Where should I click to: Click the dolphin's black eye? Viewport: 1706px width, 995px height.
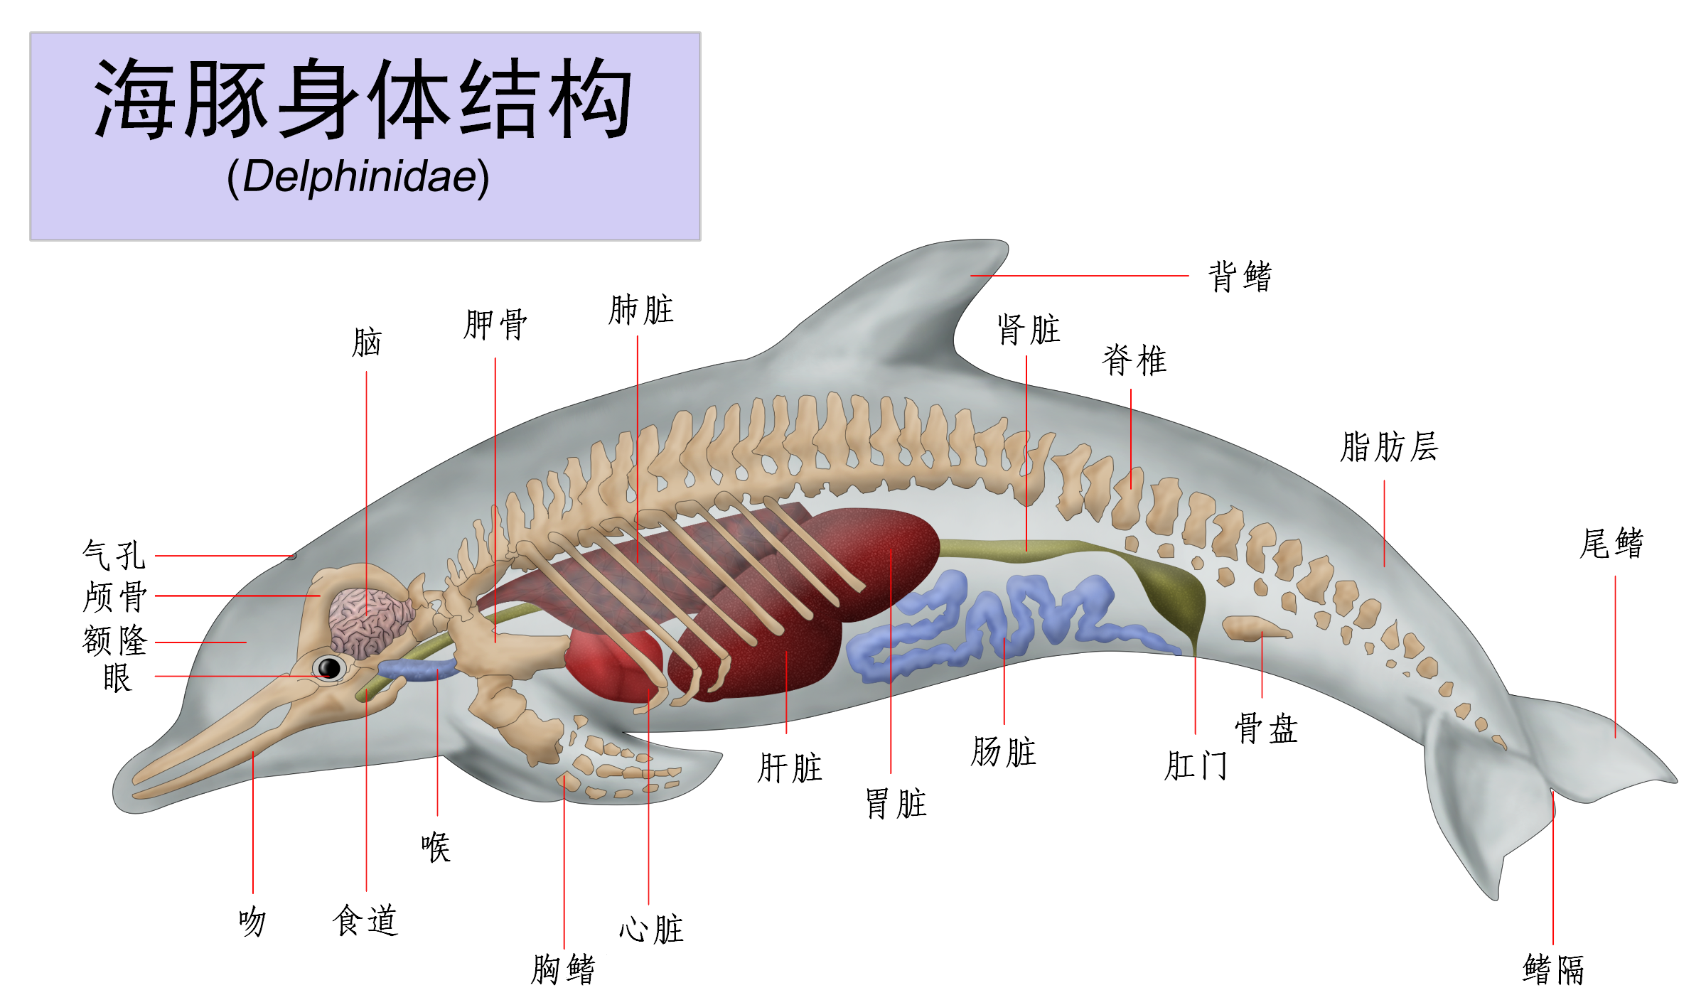329,668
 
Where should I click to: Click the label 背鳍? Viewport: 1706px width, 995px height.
1240,276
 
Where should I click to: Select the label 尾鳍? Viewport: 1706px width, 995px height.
1611,544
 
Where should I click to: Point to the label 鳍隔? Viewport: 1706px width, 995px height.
1553,969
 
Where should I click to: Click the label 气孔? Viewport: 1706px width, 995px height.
114,555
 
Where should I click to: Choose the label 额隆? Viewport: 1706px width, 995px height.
114,640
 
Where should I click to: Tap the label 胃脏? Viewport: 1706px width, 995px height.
896,804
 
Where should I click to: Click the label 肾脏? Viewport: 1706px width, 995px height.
1028,330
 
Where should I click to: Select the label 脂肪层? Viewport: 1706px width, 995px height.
1389,447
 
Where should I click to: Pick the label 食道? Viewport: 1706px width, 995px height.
365,920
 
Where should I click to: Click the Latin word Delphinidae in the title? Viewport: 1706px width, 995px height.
358,176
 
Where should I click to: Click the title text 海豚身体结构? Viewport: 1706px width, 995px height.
363,99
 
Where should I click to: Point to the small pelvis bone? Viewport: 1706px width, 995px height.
1254,628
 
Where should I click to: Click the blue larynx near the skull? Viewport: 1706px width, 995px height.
416,669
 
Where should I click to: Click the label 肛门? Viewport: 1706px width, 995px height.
1196,766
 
